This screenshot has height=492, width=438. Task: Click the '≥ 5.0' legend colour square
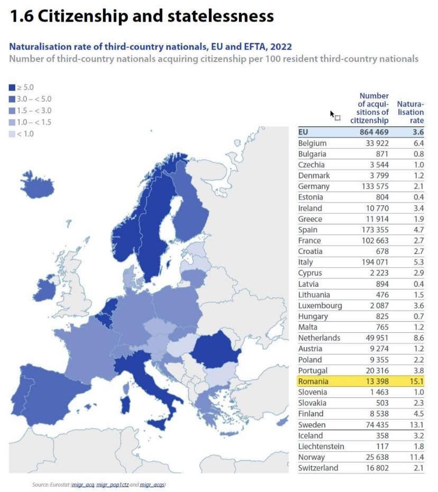point(12,87)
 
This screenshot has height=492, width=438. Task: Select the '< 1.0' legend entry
point(21,134)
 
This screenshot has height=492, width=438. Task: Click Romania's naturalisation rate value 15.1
point(415,381)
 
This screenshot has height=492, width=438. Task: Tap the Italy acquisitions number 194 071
point(372,262)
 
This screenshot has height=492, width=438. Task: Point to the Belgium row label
point(312,143)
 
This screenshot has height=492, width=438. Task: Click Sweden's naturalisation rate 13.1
point(415,425)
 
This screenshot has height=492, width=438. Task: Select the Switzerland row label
point(318,468)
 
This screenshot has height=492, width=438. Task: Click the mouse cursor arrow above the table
point(332,114)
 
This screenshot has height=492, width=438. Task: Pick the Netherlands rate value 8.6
point(415,338)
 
